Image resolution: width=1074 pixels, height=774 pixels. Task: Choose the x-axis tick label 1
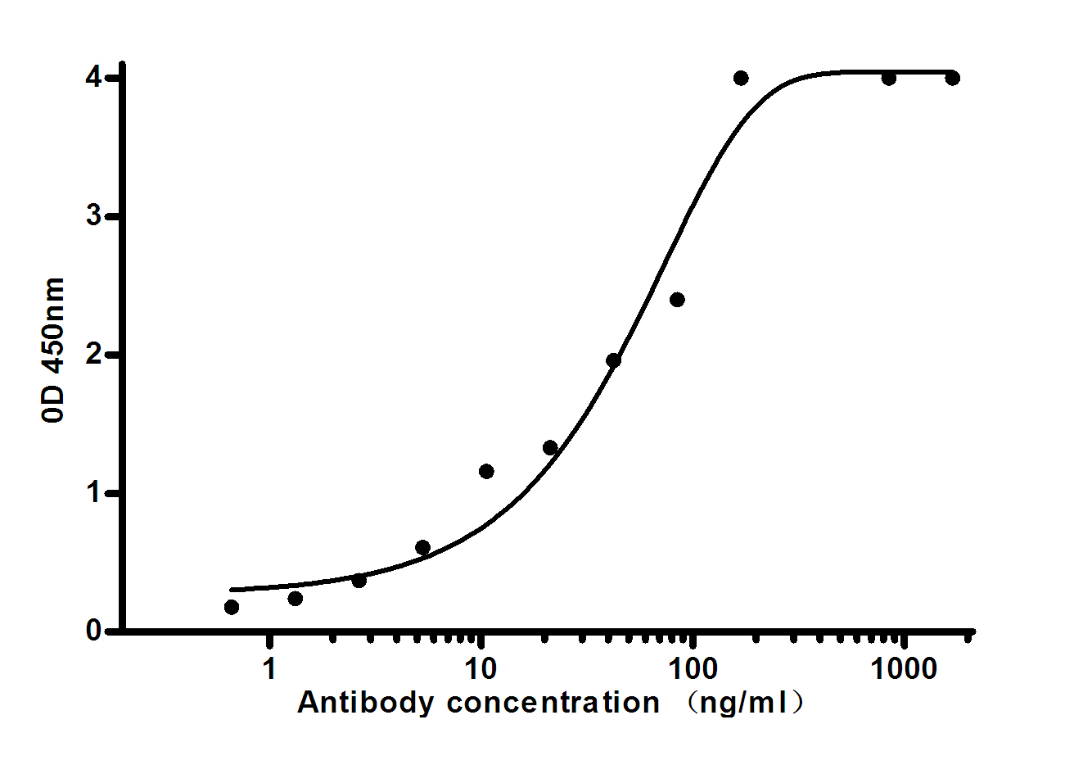pos(268,669)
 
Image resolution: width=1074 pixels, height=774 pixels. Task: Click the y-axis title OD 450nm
pos(54,351)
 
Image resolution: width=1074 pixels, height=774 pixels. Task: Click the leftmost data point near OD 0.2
pos(232,607)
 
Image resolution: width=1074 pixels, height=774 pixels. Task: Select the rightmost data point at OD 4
pos(952,78)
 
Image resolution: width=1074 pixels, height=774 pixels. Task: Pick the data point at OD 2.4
pos(677,300)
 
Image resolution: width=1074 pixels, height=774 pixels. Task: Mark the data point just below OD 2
pos(613,360)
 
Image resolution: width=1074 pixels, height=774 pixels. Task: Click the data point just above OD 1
pos(486,471)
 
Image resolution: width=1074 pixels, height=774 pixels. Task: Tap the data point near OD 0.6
pos(422,547)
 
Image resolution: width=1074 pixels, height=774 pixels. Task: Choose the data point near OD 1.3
pos(550,447)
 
